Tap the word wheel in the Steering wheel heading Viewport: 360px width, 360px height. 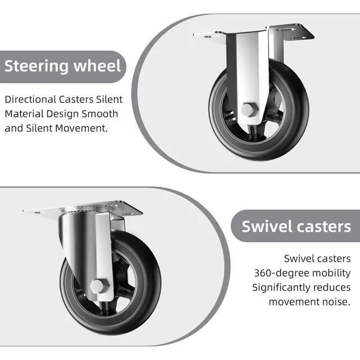pos(97,66)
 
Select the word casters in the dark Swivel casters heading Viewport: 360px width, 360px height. pos(325,227)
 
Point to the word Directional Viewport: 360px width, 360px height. pos(29,100)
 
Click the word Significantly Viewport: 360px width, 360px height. pos(280,287)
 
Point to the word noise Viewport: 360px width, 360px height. pos(335,302)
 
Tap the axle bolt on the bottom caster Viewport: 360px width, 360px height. pos(97,286)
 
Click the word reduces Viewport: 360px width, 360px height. pos(332,287)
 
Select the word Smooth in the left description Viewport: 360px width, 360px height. pos(101,114)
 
